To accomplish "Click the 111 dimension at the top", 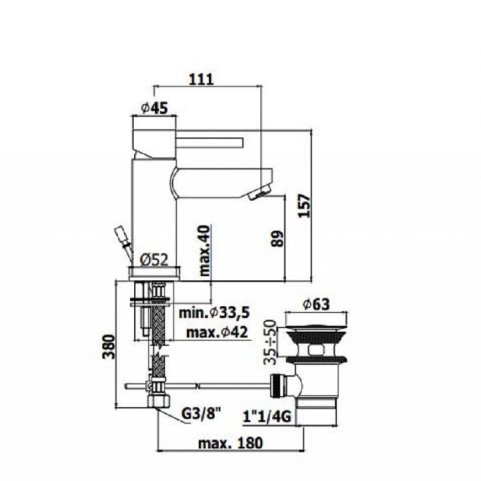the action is (x=202, y=80).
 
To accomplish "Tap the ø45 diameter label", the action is (x=154, y=109).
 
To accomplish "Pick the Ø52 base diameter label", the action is (x=155, y=261).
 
